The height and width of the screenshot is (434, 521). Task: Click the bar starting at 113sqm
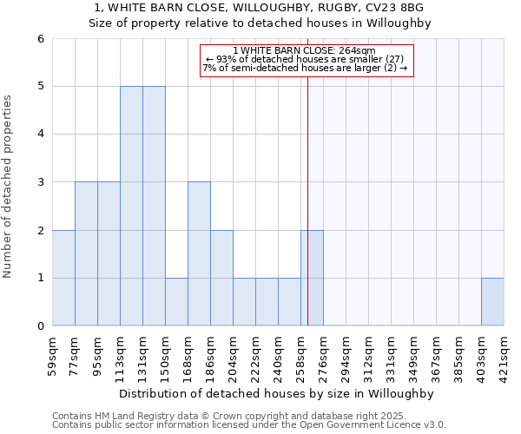coord(131,206)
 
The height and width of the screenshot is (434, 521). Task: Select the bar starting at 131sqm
coord(154,206)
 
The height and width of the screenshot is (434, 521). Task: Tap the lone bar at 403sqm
coord(492,302)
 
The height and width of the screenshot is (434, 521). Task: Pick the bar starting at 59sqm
coord(63,278)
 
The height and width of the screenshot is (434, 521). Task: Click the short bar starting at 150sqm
coord(176,302)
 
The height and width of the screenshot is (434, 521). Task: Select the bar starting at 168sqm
coord(199,253)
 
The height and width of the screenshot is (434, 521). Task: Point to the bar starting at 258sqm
coord(312,278)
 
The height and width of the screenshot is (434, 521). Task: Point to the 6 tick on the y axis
coord(40,38)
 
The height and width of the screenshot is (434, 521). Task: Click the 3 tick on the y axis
coord(40,182)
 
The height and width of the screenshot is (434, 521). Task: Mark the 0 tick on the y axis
coord(40,326)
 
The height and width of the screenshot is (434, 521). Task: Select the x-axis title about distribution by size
coord(277,393)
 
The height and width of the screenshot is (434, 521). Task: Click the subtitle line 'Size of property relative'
coord(260,23)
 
